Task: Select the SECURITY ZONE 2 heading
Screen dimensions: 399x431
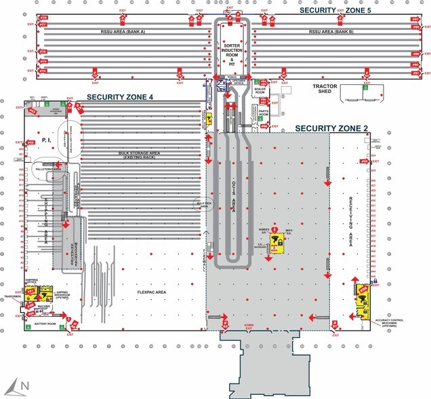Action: tap(331, 128)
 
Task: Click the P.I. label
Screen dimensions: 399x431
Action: tap(47, 139)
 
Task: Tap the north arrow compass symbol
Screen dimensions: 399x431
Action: tap(20, 386)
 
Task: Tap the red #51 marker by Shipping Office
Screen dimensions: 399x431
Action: tap(30, 290)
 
